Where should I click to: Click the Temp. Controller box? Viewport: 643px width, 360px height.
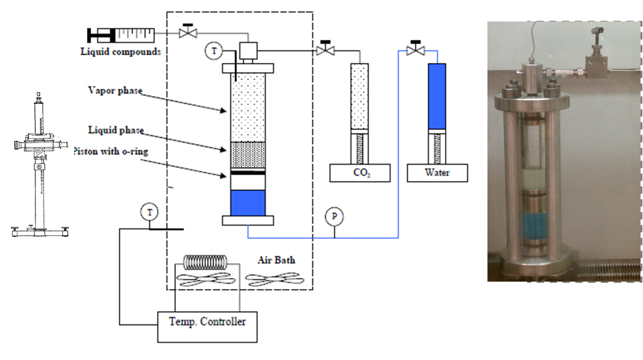coord(208,327)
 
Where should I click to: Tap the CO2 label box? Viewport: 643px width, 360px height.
coord(360,173)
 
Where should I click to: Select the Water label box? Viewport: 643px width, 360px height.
coord(437,173)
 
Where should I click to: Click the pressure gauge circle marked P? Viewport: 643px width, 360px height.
coord(334,217)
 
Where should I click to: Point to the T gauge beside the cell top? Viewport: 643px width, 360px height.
coord(214,51)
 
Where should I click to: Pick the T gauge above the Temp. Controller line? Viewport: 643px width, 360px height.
coord(149,212)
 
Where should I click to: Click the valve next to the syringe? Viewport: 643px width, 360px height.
coord(188,31)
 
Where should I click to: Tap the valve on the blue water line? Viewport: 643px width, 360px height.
coord(415,49)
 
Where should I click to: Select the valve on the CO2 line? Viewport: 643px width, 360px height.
coord(325,49)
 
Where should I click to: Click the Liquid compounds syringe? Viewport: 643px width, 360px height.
coord(121,36)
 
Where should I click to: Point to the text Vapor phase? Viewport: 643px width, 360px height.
coord(115,90)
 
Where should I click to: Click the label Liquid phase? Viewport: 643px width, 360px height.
coord(116,130)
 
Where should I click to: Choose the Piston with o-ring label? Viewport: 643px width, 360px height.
coord(111,151)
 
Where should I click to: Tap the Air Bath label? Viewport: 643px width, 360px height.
coord(276,260)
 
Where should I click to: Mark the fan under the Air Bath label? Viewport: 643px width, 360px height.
coord(274,280)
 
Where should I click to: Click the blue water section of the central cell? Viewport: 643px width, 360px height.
coord(247,203)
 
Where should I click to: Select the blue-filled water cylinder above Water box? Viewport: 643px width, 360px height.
coord(437,96)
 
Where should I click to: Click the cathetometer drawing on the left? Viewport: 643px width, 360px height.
coord(40,165)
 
